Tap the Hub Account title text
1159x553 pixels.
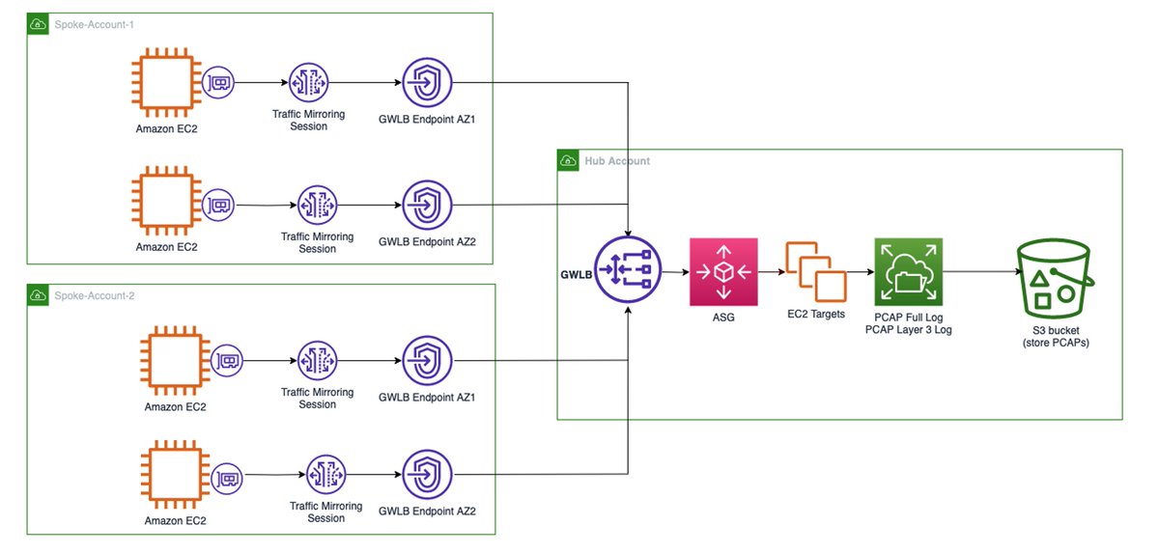(617, 160)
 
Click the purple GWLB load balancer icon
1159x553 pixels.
(628, 273)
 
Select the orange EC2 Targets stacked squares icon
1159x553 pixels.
(815, 273)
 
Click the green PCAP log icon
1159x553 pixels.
(907, 273)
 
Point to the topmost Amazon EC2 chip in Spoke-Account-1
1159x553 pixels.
(167, 84)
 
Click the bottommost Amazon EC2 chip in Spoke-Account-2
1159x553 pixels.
(175, 476)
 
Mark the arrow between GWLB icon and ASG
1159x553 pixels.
(674, 273)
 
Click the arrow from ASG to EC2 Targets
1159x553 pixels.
(771, 273)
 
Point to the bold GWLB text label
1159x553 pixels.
(576, 273)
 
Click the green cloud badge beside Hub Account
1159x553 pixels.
(569, 161)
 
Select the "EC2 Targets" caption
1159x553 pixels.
(816, 315)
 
